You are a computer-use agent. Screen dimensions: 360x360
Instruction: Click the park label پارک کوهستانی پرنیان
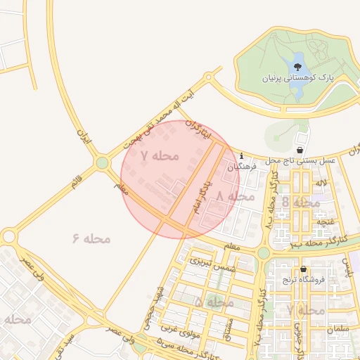pyautogui.click(x=296, y=78)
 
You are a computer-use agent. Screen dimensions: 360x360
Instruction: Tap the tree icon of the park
pyautogui.click(x=297, y=67)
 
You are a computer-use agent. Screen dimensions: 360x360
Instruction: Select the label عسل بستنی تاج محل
pyautogui.click(x=301, y=161)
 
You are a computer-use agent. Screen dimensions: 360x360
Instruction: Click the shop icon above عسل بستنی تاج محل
pyautogui.click(x=300, y=150)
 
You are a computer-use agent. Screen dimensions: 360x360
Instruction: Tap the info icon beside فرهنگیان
pyautogui.click(x=241, y=155)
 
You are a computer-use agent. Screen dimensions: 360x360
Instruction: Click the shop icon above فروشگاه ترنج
pyautogui.click(x=303, y=269)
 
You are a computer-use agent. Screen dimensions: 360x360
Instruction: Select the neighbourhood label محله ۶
pyautogui.click(x=91, y=238)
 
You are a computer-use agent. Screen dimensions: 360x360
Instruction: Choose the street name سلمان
pyautogui.click(x=337, y=328)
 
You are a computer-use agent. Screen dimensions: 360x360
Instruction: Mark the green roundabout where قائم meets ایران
pyautogui.click(x=103, y=163)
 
